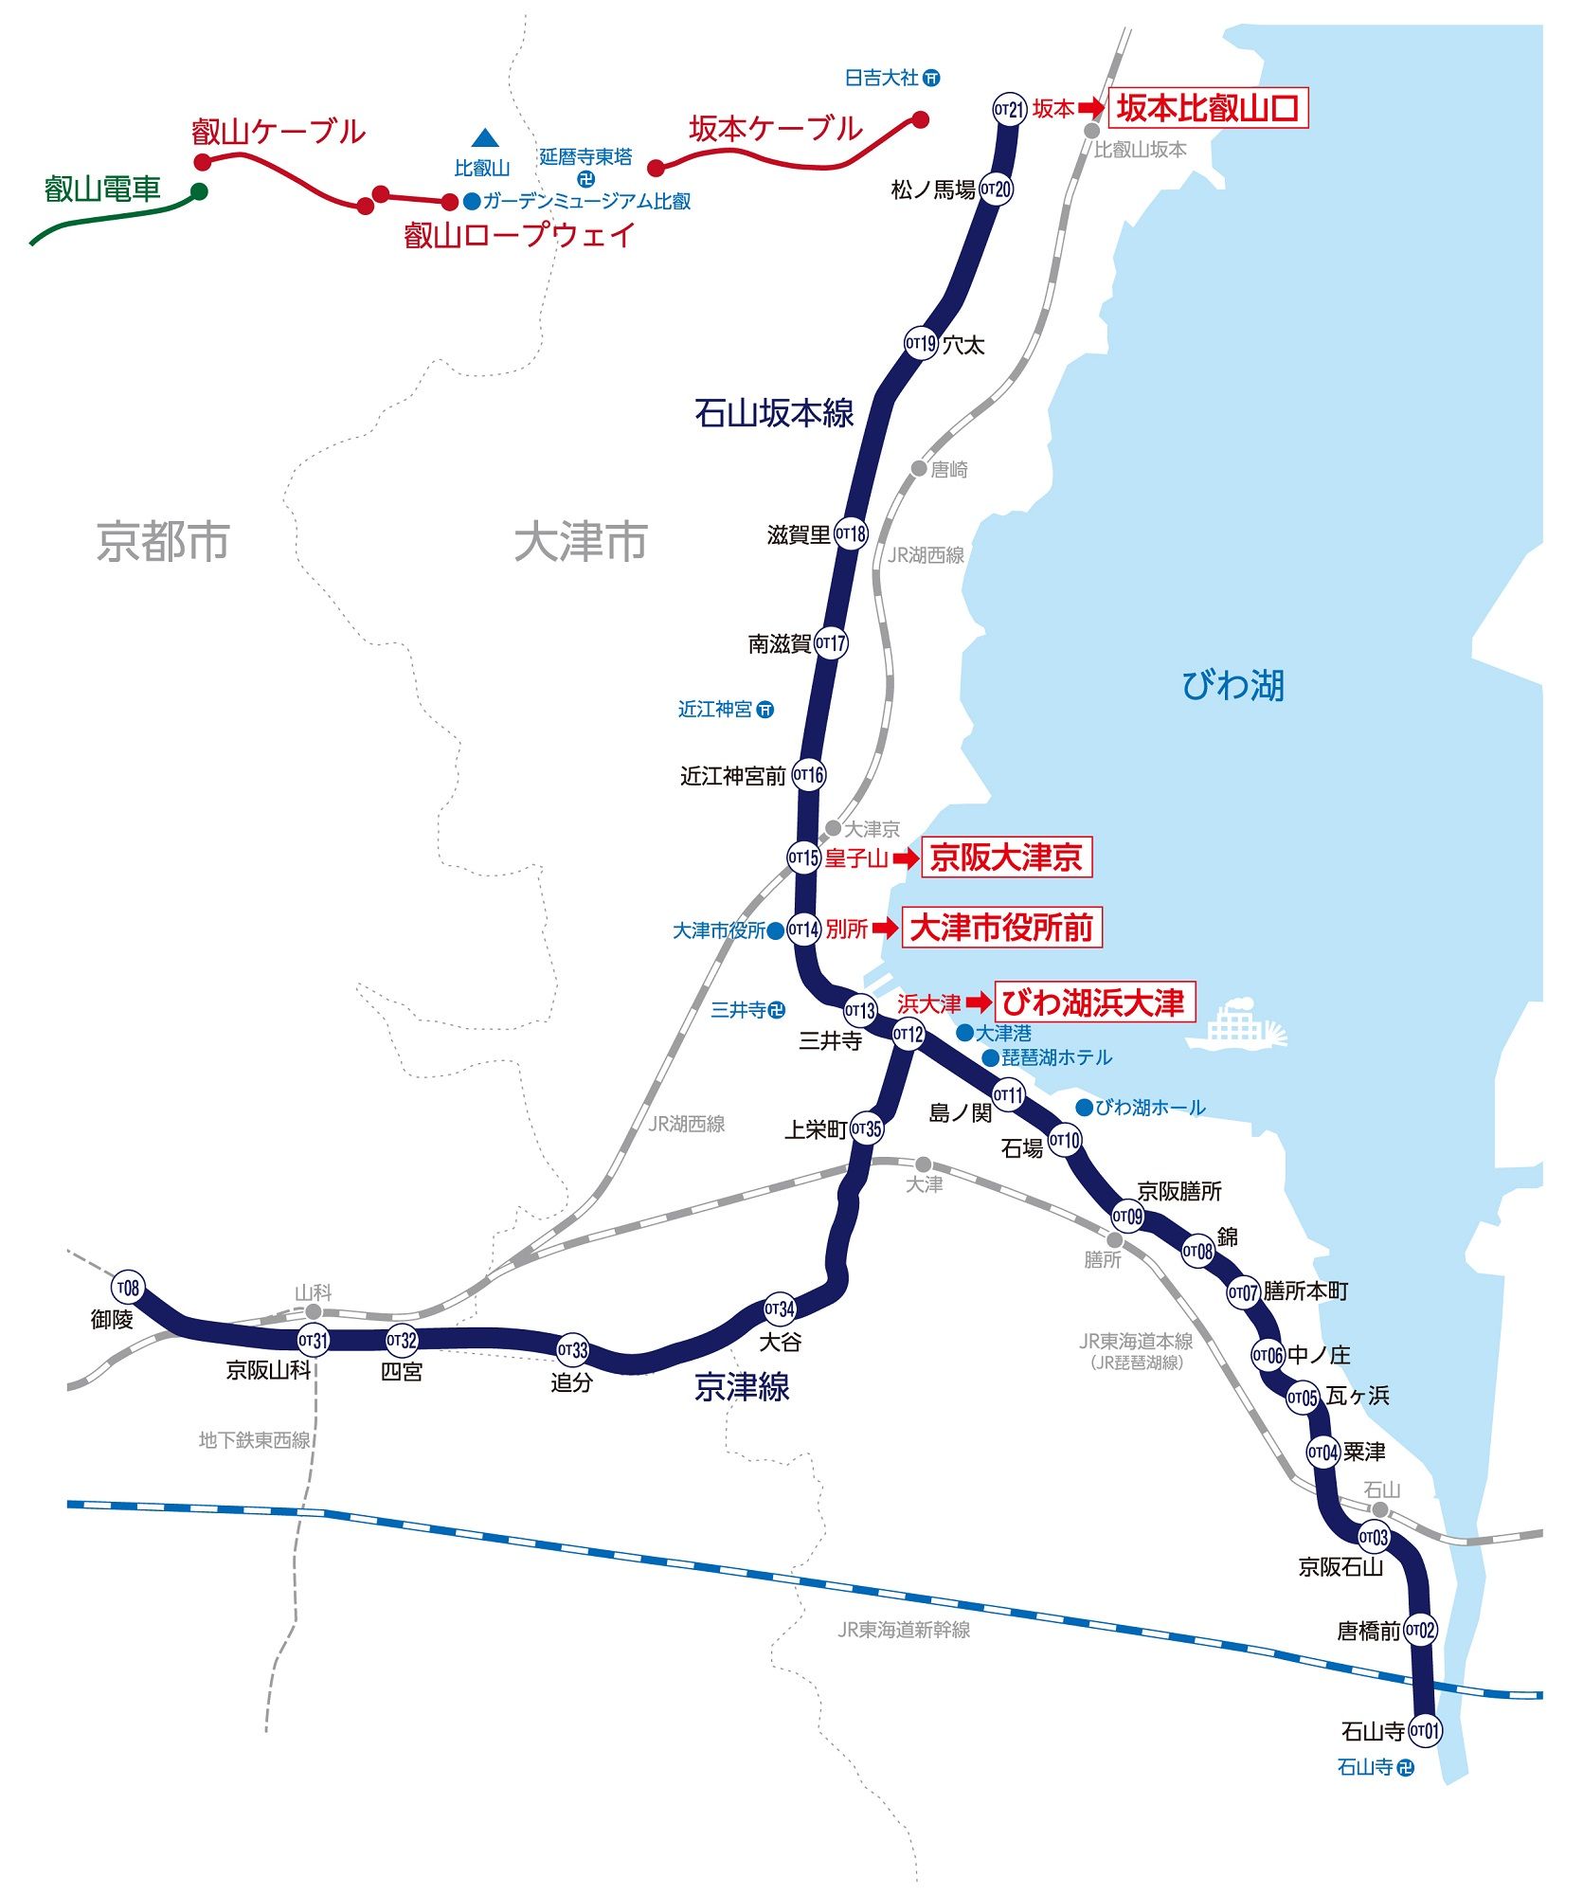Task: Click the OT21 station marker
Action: (x=1010, y=109)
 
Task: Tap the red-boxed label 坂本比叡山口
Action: (x=1208, y=108)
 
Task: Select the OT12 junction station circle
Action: (x=908, y=1034)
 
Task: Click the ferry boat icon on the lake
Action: (x=1236, y=1024)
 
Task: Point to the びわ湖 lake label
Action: (x=1232, y=685)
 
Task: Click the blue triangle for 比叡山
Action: (x=485, y=138)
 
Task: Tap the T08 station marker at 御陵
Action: (x=128, y=1288)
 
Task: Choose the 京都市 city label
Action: (x=163, y=542)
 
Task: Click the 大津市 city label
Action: (x=581, y=542)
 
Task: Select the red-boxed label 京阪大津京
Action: (x=1006, y=857)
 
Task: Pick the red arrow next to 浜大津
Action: (x=979, y=1002)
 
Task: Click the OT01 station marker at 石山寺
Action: (x=1425, y=1731)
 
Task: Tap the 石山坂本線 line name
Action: (x=774, y=413)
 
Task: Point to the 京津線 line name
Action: (x=742, y=1387)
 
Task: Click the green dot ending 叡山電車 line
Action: (x=199, y=191)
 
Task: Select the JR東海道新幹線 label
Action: (x=904, y=1630)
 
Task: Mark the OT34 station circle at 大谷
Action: (x=780, y=1309)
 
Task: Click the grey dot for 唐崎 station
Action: (x=919, y=468)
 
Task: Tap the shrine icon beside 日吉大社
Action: (x=932, y=78)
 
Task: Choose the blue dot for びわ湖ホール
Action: (x=1085, y=1107)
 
